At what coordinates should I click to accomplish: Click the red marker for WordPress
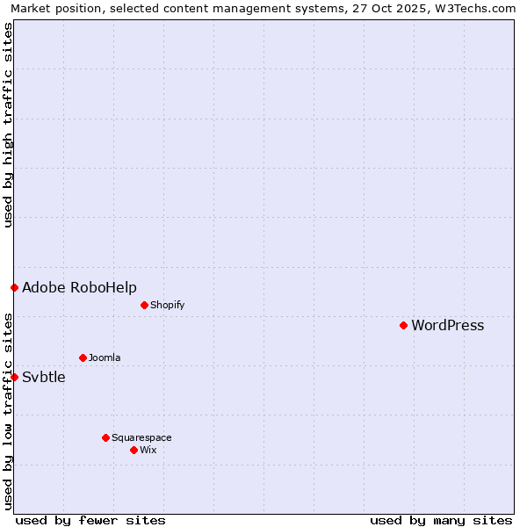click(x=403, y=325)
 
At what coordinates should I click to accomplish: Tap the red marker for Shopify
click(x=144, y=305)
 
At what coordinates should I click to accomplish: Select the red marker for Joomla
click(x=83, y=357)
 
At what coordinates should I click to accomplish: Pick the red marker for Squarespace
click(x=105, y=437)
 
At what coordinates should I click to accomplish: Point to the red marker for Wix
click(x=134, y=450)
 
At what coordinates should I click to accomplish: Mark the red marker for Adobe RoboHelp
click(x=14, y=287)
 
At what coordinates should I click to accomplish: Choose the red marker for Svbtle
click(x=14, y=377)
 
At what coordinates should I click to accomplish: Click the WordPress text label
click(x=447, y=326)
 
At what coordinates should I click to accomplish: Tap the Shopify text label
click(x=167, y=306)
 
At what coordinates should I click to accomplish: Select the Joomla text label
click(x=105, y=358)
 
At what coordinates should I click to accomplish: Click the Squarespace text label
click(x=141, y=438)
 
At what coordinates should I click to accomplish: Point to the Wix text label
click(x=148, y=451)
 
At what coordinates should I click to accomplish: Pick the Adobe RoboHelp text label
click(x=79, y=288)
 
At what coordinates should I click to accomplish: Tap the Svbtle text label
click(x=44, y=378)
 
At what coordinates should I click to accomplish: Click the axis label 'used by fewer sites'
click(x=90, y=520)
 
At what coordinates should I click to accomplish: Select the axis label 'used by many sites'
click(x=441, y=520)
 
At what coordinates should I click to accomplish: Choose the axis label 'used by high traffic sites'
click(x=8, y=125)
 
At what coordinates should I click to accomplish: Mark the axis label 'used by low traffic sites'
click(x=8, y=411)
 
